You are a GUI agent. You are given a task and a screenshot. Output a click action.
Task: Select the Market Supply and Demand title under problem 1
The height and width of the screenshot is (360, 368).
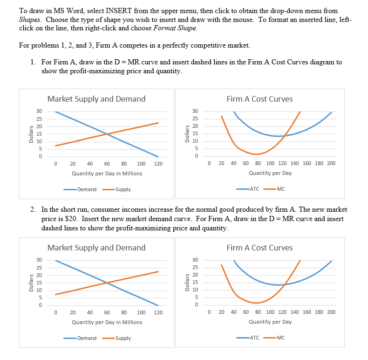96,99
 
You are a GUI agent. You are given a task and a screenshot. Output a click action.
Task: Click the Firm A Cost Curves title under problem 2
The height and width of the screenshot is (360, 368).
259,248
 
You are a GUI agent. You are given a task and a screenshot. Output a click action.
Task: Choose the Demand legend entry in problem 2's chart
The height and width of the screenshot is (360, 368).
87,338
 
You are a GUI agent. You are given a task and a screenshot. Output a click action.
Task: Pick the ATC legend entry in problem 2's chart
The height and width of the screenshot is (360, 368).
254,338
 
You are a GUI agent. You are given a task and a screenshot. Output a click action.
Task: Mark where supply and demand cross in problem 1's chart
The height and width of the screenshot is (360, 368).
107,134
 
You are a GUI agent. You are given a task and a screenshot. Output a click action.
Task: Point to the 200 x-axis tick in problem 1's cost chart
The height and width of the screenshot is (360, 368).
331,164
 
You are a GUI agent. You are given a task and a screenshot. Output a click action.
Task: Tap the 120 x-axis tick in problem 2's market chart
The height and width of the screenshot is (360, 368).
158,312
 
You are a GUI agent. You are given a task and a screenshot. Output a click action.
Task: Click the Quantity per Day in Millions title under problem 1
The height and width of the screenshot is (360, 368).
107,173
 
